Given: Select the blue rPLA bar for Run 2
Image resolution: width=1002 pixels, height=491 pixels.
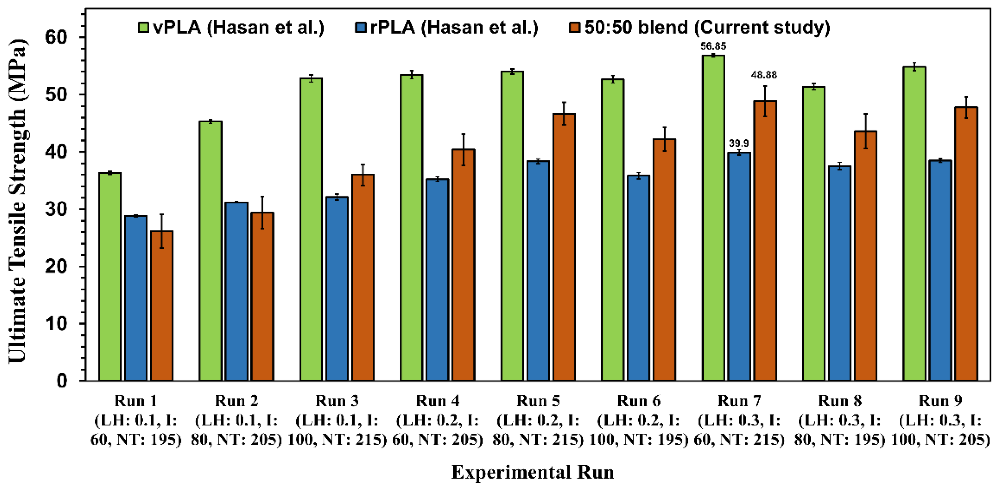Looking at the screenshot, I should (x=236, y=292).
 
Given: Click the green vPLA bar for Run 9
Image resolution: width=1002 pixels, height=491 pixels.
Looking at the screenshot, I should (x=914, y=224).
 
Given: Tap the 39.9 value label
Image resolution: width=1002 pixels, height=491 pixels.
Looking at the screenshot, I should (x=739, y=143).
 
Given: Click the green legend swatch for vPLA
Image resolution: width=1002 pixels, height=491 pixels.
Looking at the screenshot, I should (x=144, y=28).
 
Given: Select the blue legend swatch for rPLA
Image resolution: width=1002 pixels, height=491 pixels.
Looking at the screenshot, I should (x=361, y=28).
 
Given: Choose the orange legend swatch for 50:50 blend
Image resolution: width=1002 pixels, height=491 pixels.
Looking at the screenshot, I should (x=574, y=28).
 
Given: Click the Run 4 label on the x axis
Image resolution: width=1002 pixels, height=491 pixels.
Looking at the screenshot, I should (x=437, y=400).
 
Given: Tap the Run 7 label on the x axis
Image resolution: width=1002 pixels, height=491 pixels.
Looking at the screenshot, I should (x=739, y=400).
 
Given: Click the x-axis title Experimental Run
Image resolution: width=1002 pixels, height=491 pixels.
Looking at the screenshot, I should (x=532, y=472).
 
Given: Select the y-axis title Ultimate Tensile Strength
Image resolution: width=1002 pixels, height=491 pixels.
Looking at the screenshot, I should (x=17, y=201).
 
